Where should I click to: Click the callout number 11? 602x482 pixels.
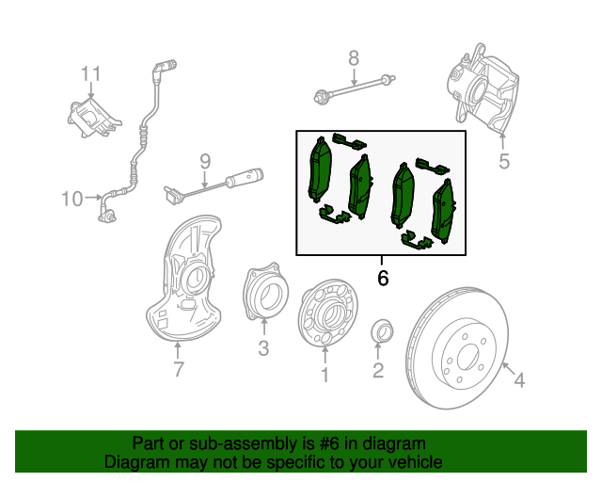[90, 73]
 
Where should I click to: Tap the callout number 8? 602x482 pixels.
[354, 58]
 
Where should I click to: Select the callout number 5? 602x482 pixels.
[504, 161]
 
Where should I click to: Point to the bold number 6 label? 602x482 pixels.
[382, 279]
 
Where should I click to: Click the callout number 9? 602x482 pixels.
[204, 162]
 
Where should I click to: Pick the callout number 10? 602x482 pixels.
[72, 199]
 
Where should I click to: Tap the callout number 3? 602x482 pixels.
[263, 349]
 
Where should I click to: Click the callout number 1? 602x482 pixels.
[325, 376]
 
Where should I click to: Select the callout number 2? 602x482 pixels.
[378, 371]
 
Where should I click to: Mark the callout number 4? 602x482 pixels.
[518, 379]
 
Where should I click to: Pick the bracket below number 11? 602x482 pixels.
[90, 119]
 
